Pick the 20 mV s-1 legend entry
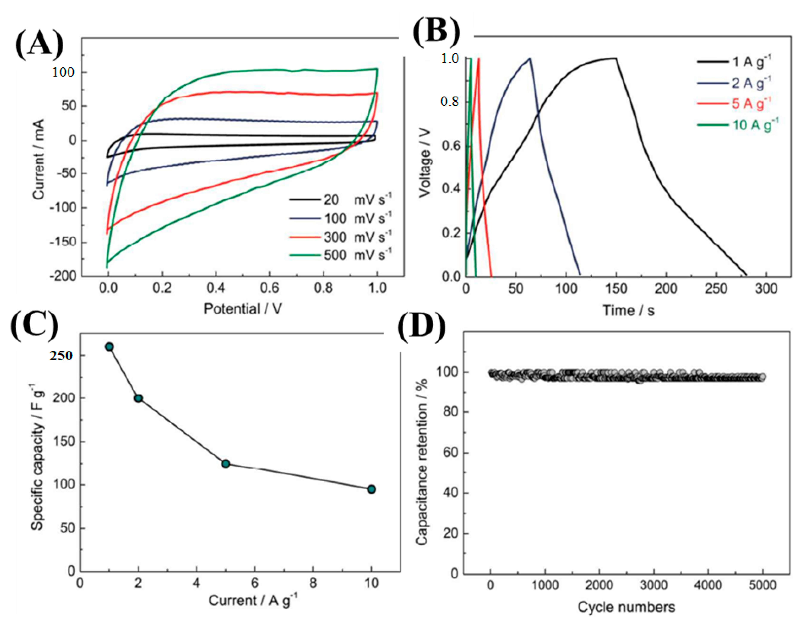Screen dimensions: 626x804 click(341, 200)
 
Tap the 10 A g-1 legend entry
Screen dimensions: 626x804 click(738, 125)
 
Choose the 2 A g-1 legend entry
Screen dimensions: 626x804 click(738, 83)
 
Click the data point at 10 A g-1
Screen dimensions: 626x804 click(371, 489)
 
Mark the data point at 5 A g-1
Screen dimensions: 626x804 click(226, 464)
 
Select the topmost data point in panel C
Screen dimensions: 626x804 click(109, 346)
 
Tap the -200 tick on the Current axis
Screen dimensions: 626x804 click(65, 276)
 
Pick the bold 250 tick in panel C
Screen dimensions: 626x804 click(61, 355)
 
